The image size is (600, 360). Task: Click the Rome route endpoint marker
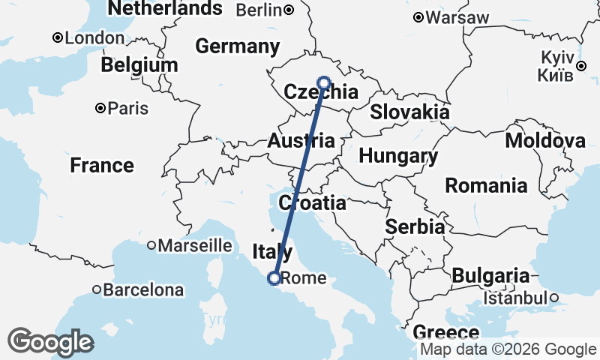[274, 278]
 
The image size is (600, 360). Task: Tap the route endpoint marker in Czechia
[324, 82]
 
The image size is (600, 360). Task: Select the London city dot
[57, 37]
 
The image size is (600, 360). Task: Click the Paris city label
[128, 108]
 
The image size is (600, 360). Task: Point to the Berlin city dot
[289, 10]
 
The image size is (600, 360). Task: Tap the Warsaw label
[457, 17]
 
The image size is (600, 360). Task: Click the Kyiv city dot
[580, 67]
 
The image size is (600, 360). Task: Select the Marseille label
[195, 244]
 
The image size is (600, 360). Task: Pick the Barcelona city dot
[97, 289]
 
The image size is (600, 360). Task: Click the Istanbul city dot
[554, 298]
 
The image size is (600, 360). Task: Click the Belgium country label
[139, 65]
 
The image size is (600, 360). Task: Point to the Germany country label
[237, 46]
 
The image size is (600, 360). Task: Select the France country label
[102, 165]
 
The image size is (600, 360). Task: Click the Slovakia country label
[409, 112]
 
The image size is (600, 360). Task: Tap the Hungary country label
[398, 156]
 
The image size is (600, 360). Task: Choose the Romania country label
[486, 184]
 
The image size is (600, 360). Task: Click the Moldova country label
[545, 140]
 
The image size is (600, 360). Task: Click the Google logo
[51, 343]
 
